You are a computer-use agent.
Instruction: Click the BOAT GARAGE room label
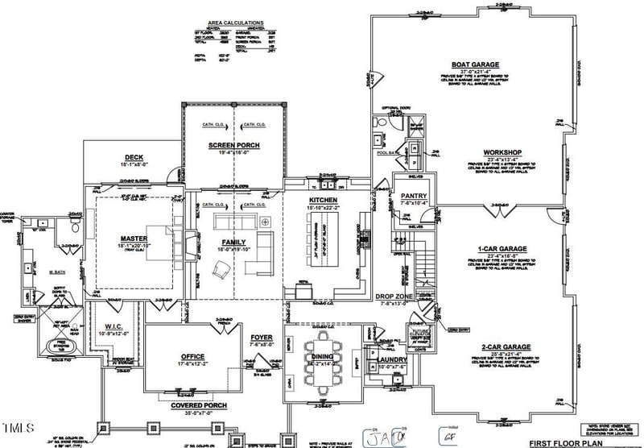pyautogui.click(x=475, y=64)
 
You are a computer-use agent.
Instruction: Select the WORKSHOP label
pyautogui.click(x=503, y=152)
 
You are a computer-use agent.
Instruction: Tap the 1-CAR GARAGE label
pyautogui.click(x=502, y=249)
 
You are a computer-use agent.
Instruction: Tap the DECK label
pyautogui.click(x=134, y=158)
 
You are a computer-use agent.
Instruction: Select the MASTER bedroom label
pyautogui.click(x=134, y=239)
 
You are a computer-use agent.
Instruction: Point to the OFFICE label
pyautogui.click(x=192, y=356)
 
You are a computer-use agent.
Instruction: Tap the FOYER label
pyautogui.click(x=262, y=338)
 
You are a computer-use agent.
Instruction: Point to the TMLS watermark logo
pyautogui.click(x=18, y=427)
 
